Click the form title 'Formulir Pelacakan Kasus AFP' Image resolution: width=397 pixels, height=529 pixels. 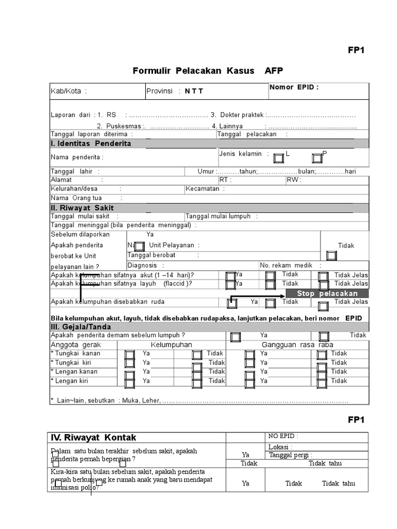208,71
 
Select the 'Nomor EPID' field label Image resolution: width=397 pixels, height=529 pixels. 294,87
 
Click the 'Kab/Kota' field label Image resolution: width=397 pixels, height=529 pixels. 68,91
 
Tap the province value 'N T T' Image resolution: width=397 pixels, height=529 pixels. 194,91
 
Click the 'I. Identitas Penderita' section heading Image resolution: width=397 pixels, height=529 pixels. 90,144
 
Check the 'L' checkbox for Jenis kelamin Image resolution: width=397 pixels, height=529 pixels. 279,158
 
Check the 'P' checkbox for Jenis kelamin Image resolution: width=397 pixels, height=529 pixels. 316,158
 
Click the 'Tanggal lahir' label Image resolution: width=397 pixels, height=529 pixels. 75,172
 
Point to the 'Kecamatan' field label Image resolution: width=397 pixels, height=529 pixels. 205,189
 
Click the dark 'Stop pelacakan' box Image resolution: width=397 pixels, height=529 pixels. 327,293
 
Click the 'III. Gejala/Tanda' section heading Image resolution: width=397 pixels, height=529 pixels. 81,327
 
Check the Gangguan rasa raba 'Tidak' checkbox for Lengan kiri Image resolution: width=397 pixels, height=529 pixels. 322,382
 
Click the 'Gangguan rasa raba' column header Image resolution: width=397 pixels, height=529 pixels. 297,345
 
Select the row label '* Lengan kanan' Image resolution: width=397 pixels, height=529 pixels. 74,371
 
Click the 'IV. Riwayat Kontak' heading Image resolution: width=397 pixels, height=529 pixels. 94,438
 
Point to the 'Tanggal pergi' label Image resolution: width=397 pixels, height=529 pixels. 290,455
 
